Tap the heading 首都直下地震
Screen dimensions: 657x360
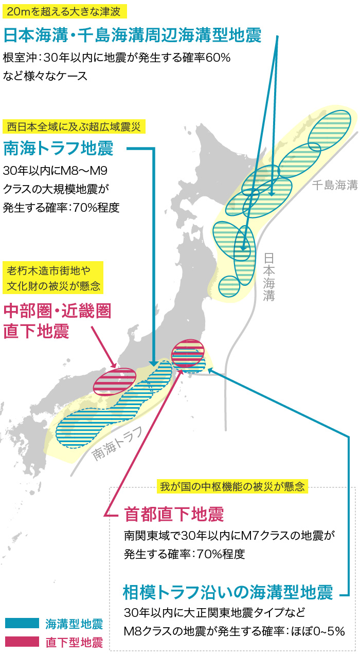point(174,514)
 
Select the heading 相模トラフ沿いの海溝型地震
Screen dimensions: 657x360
point(228,592)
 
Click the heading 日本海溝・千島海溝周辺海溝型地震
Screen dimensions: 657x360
point(132,35)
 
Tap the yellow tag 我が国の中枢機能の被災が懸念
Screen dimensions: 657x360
point(232,485)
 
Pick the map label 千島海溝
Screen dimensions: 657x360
point(334,186)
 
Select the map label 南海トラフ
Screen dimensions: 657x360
point(117,445)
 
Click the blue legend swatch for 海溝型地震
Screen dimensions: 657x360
point(22,624)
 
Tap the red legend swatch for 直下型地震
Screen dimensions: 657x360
point(22,642)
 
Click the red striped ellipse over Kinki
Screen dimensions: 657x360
point(114,381)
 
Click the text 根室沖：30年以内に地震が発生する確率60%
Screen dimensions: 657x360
point(116,58)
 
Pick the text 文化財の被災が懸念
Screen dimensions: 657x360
point(53,285)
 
